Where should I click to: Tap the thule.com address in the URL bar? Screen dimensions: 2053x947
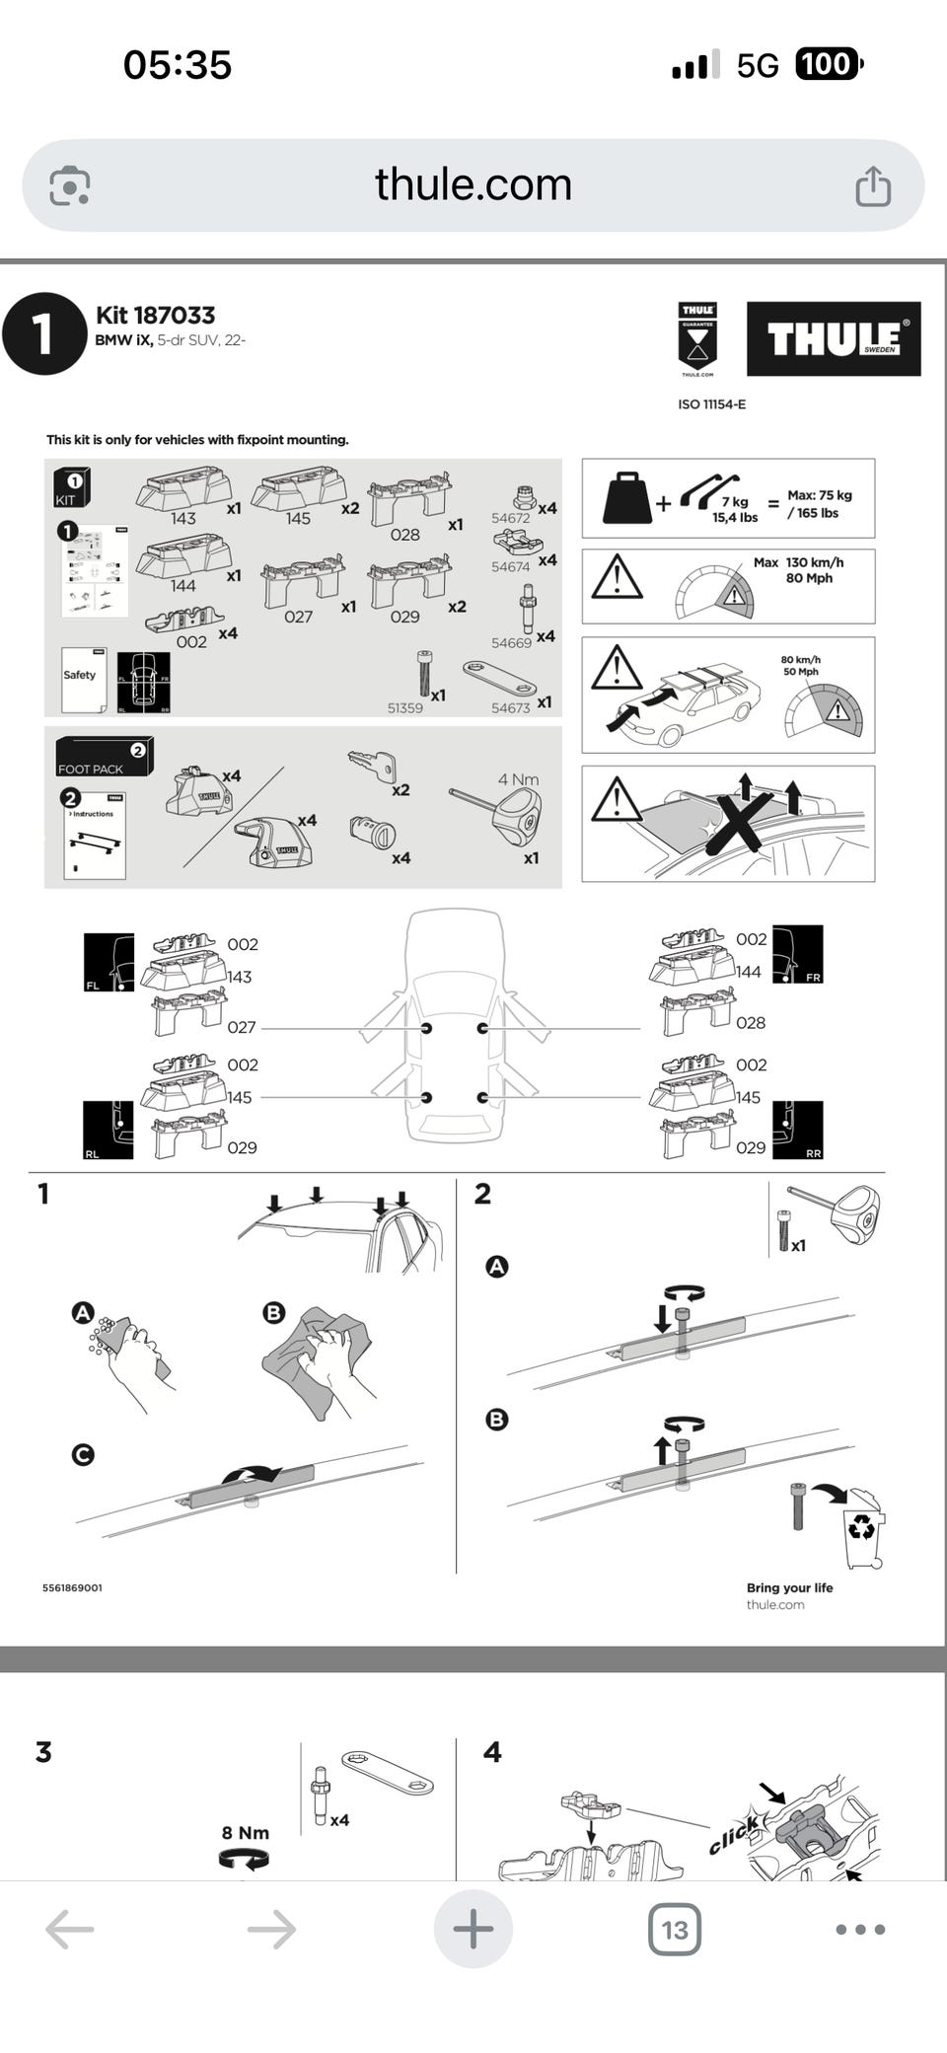(473, 184)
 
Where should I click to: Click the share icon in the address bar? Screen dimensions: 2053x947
(872, 185)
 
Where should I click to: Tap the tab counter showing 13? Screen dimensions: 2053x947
(675, 1929)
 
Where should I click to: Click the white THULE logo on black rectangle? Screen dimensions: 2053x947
(833, 338)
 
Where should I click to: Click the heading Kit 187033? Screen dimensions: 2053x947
(155, 315)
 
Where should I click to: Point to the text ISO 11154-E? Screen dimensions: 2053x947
(711, 404)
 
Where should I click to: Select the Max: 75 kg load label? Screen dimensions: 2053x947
(819, 503)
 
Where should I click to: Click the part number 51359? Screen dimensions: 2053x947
(404, 708)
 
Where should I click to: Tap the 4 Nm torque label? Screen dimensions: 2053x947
(518, 779)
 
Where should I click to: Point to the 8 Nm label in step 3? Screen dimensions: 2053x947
(245, 1832)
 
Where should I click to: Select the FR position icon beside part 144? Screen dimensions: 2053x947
(797, 954)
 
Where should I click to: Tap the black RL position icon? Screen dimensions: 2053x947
(108, 1130)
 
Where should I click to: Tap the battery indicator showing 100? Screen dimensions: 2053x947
(829, 65)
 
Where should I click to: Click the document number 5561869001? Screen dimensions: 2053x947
(72, 1587)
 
